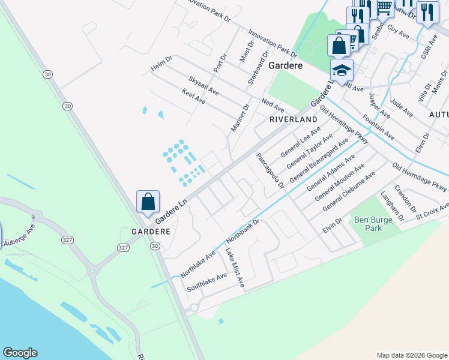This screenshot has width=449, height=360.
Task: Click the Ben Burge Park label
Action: (369, 224)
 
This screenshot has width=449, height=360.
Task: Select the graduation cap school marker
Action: (342, 71)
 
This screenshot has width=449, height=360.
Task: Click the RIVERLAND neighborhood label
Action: (293, 120)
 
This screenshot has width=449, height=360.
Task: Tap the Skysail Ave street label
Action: (203, 87)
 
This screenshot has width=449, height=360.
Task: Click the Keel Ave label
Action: (193, 97)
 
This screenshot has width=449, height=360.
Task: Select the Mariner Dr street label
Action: (240, 118)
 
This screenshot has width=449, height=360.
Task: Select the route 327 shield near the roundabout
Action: (123, 247)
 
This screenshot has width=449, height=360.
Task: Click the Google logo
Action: (20, 353)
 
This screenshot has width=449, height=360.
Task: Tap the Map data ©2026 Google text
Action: (411, 355)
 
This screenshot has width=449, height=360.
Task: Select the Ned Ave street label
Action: (273, 104)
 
